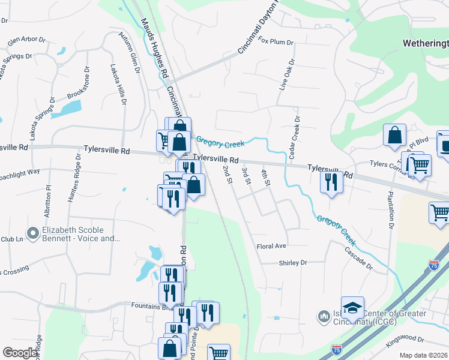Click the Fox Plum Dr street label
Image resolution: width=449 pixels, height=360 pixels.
coord(276,42)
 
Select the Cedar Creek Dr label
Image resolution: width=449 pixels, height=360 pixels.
coord(295,137)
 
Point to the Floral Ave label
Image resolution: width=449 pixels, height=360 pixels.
coord(271,246)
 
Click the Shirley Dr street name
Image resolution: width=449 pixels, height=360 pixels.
coord(293,263)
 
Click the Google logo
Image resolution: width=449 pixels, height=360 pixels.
coord(20,352)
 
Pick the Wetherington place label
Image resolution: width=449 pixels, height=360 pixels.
coord(425,44)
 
